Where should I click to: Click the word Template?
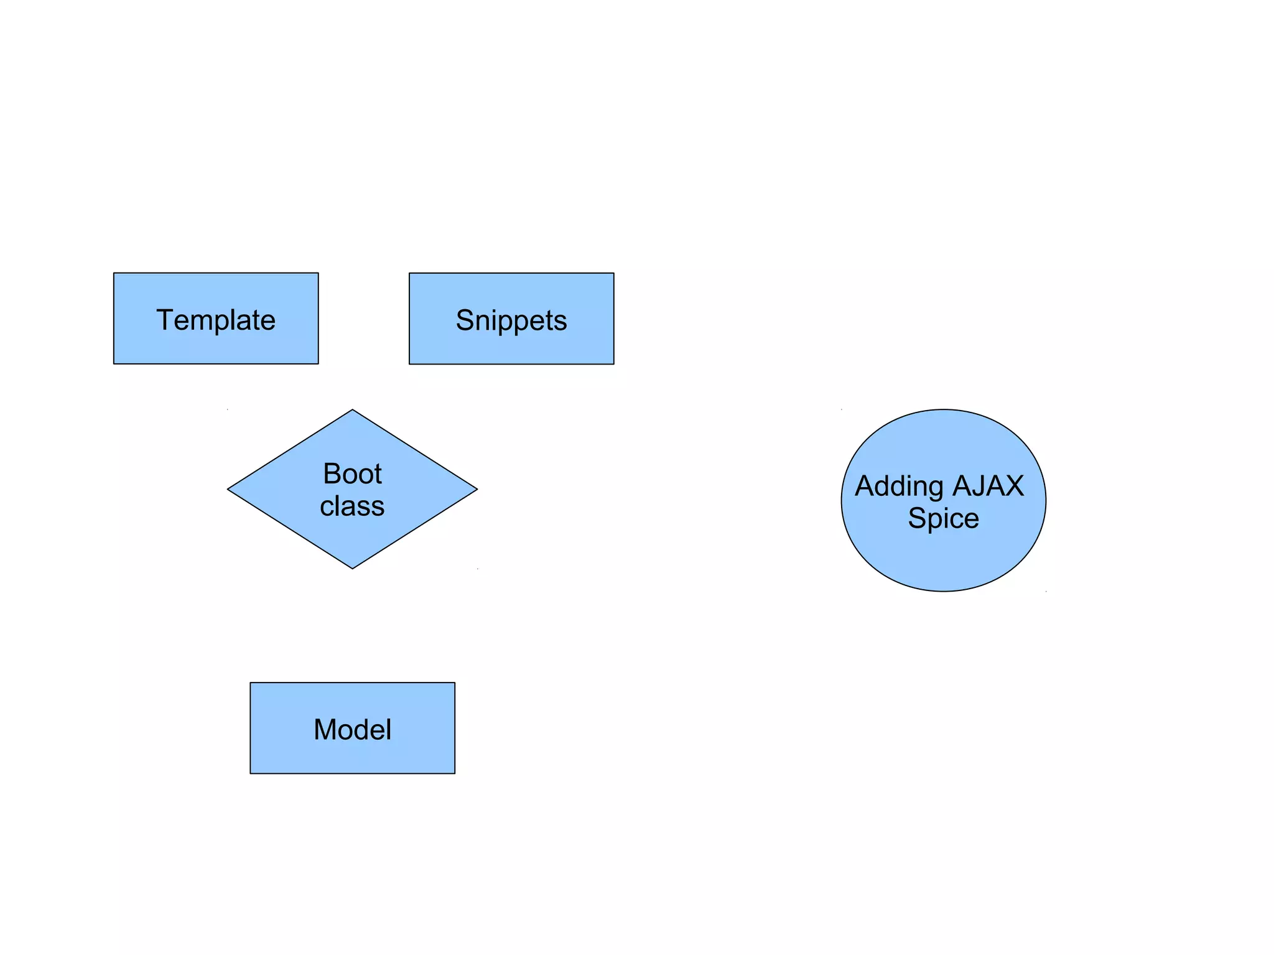[215, 320]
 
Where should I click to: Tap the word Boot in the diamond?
[352, 474]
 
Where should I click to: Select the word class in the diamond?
[352, 506]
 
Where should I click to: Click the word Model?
[352, 730]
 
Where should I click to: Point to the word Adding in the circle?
[899, 487]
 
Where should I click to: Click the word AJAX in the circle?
[988, 486]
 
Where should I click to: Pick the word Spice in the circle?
[943, 518]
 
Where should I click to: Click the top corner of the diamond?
[352, 409]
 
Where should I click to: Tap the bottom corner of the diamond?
[352, 569]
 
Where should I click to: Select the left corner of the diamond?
[228, 490]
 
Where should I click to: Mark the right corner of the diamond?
[477, 490]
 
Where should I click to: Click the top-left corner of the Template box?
[114, 273]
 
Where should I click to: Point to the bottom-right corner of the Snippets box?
[614, 364]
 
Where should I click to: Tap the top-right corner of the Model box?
[455, 682]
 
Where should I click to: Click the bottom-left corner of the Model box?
[250, 773]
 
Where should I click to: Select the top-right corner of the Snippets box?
[614, 273]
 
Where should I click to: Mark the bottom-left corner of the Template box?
[114, 363]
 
